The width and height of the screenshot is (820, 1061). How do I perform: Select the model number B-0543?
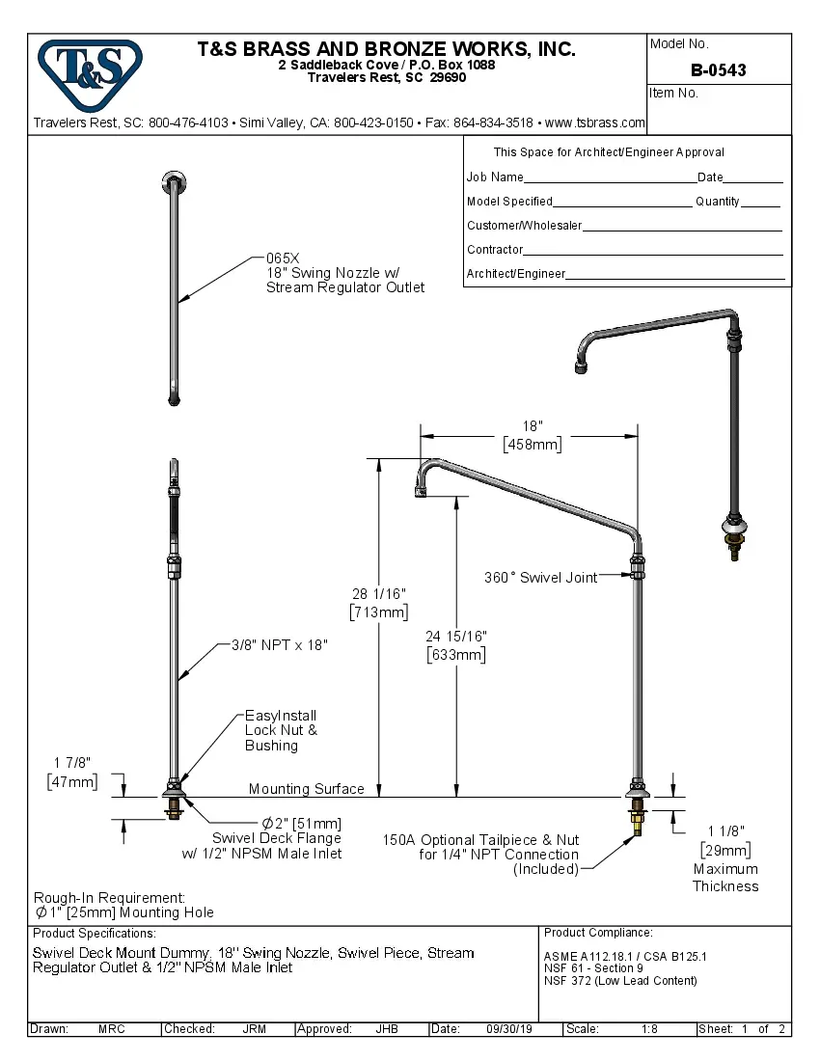pos(718,70)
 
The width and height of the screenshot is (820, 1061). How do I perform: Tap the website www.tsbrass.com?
pos(595,122)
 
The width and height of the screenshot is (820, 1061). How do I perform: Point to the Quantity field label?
pos(717,202)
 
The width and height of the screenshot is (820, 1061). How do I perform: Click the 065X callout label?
pos(283,258)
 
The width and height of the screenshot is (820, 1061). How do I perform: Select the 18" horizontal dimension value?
pos(533,426)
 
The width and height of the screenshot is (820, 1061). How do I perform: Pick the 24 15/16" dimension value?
pos(456,637)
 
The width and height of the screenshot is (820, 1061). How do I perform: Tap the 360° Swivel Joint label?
pos(540,577)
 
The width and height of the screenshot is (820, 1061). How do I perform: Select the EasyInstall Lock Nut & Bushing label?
pos(280,730)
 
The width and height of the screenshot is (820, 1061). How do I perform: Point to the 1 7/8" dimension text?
pos(71,763)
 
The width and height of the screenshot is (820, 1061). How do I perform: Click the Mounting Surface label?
pos(306,789)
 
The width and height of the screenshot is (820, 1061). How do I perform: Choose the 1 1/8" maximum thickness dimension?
pos(724,830)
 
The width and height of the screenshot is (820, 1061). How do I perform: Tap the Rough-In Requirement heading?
pos(109,897)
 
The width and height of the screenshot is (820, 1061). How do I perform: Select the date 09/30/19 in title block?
pos(509,1029)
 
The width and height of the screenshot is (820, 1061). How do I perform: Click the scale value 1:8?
pos(649,1029)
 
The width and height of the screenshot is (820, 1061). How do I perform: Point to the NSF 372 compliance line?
pos(619,981)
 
